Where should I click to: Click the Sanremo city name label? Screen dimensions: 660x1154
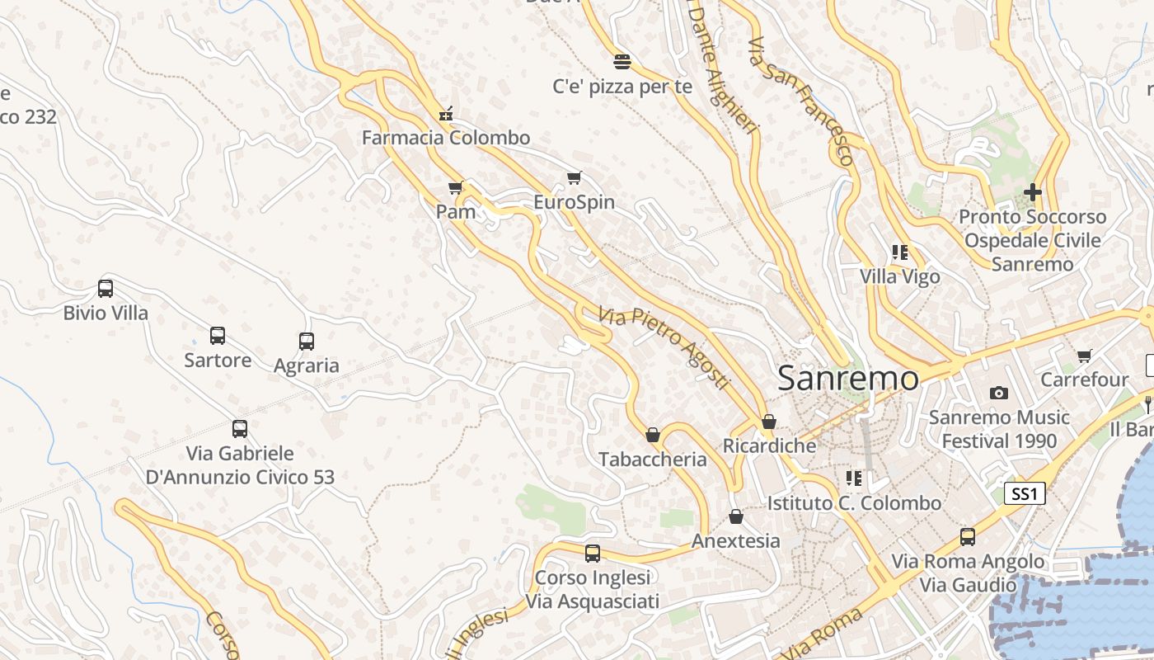(x=848, y=379)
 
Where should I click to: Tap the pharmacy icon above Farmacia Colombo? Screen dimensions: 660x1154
(x=446, y=113)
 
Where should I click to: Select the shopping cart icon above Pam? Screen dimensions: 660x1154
(x=455, y=188)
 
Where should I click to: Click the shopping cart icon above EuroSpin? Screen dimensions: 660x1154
(x=575, y=177)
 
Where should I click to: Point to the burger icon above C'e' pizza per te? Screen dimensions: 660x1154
(x=622, y=60)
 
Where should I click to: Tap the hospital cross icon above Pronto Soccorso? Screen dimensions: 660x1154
(x=1032, y=192)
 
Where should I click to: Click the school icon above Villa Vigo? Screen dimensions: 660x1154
(x=899, y=252)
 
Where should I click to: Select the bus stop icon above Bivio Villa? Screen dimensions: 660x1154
(x=106, y=289)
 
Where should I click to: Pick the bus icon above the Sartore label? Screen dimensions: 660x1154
(x=218, y=336)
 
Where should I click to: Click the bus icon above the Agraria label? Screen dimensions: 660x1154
(x=307, y=341)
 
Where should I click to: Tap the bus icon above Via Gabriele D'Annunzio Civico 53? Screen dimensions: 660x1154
(x=240, y=429)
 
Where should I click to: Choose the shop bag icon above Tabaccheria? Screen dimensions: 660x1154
(x=653, y=435)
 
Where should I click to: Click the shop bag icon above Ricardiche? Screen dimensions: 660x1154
(x=769, y=422)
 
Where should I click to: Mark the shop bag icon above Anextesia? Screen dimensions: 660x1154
(x=736, y=516)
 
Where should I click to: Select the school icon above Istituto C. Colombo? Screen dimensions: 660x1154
(x=854, y=478)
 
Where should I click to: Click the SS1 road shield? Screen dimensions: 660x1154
(x=1025, y=494)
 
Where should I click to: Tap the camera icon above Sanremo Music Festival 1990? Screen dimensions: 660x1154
(x=999, y=393)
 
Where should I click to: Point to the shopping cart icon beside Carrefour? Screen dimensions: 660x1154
(x=1084, y=356)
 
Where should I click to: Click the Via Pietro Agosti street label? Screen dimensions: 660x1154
(x=664, y=349)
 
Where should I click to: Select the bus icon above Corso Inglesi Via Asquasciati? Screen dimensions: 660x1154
(x=593, y=554)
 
